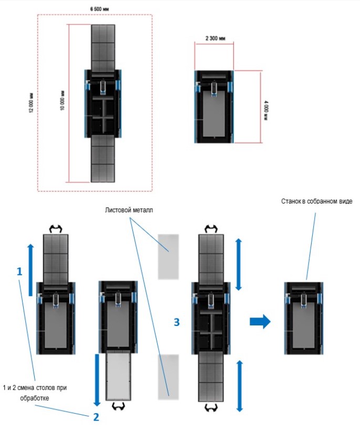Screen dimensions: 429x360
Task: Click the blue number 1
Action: (20, 271)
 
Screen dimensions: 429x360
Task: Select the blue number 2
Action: (96, 418)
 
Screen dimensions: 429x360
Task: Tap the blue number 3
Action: (177, 322)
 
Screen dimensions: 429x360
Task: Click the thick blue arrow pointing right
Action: (260, 322)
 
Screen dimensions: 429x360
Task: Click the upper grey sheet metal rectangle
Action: (169, 257)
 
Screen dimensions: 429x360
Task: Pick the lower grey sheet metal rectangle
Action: (169, 376)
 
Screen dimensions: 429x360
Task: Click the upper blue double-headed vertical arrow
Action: (238, 264)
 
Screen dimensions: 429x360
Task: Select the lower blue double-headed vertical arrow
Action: (240, 385)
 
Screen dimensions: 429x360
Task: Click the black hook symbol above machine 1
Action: (55, 229)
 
